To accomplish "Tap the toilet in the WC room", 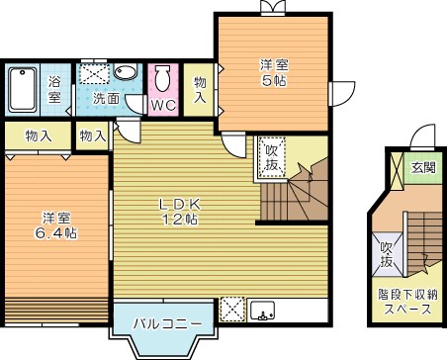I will pyautogui.click(x=163, y=77).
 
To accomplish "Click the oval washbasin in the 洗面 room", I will pyautogui.click(x=126, y=74).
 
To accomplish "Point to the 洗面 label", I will pyautogui.click(x=107, y=99).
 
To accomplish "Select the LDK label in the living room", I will pyautogui.click(x=182, y=204).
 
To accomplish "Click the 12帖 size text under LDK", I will pyautogui.click(x=182, y=220).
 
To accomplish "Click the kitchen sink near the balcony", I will pyautogui.click(x=263, y=310).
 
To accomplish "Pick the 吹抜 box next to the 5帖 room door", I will pyautogui.click(x=270, y=153).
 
